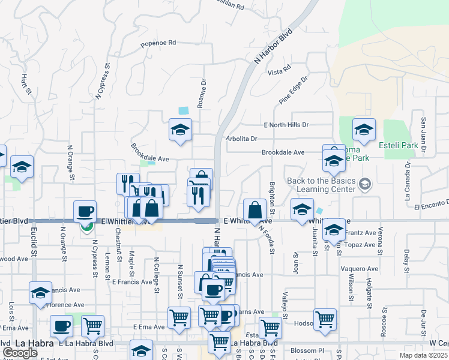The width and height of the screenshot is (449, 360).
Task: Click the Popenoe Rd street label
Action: [158, 43]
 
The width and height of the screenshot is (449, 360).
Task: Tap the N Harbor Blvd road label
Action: [273, 46]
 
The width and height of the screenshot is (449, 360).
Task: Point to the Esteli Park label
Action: [399, 145]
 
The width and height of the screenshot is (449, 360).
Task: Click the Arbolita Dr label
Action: [241, 139]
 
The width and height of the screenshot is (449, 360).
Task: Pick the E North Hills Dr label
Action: [286, 125]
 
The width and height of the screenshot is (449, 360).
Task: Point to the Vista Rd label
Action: [279, 71]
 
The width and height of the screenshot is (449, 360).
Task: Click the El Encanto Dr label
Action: [431, 205]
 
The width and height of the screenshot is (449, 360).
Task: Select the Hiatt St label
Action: [26, 85]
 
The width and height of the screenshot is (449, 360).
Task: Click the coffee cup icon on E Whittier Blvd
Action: [85, 211]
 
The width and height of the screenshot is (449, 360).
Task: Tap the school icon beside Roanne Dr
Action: [179, 130]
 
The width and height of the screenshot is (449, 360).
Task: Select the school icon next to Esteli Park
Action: [364, 129]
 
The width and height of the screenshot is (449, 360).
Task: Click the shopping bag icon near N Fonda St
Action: [255, 209]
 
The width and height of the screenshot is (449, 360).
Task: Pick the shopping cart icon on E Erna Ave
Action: [179, 318]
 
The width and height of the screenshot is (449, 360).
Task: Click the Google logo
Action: [20, 353]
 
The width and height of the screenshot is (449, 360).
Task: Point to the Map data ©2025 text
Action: [424, 356]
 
